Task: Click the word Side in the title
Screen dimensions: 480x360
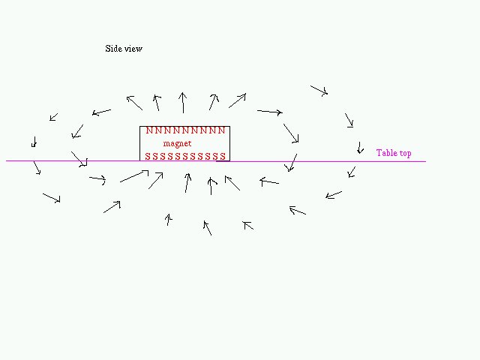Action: point(112,48)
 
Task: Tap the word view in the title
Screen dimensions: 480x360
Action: point(132,49)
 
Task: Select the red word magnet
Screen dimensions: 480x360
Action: point(177,143)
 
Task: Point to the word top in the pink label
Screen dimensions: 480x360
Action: point(405,153)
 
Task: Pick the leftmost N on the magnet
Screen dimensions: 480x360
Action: point(149,130)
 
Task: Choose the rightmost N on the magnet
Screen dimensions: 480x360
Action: point(222,130)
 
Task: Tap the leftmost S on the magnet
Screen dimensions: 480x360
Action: point(148,157)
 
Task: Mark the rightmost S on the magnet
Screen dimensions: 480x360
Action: point(223,157)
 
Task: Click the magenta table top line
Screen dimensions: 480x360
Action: point(216,161)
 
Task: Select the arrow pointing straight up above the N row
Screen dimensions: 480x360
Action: point(183,103)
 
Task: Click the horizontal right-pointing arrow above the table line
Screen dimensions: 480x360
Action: point(270,112)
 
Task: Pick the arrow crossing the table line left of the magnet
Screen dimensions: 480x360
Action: point(79,159)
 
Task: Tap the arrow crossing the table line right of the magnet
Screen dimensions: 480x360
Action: point(291,163)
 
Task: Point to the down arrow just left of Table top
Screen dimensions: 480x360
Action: point(360,148)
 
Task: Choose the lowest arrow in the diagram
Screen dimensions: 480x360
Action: point(208,228)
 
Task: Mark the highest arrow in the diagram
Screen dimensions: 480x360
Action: point(319,91)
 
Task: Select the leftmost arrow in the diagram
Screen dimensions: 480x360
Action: point(34,142)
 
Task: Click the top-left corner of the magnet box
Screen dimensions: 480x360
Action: point(140,126)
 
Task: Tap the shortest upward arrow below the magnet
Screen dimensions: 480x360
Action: point(168,220)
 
